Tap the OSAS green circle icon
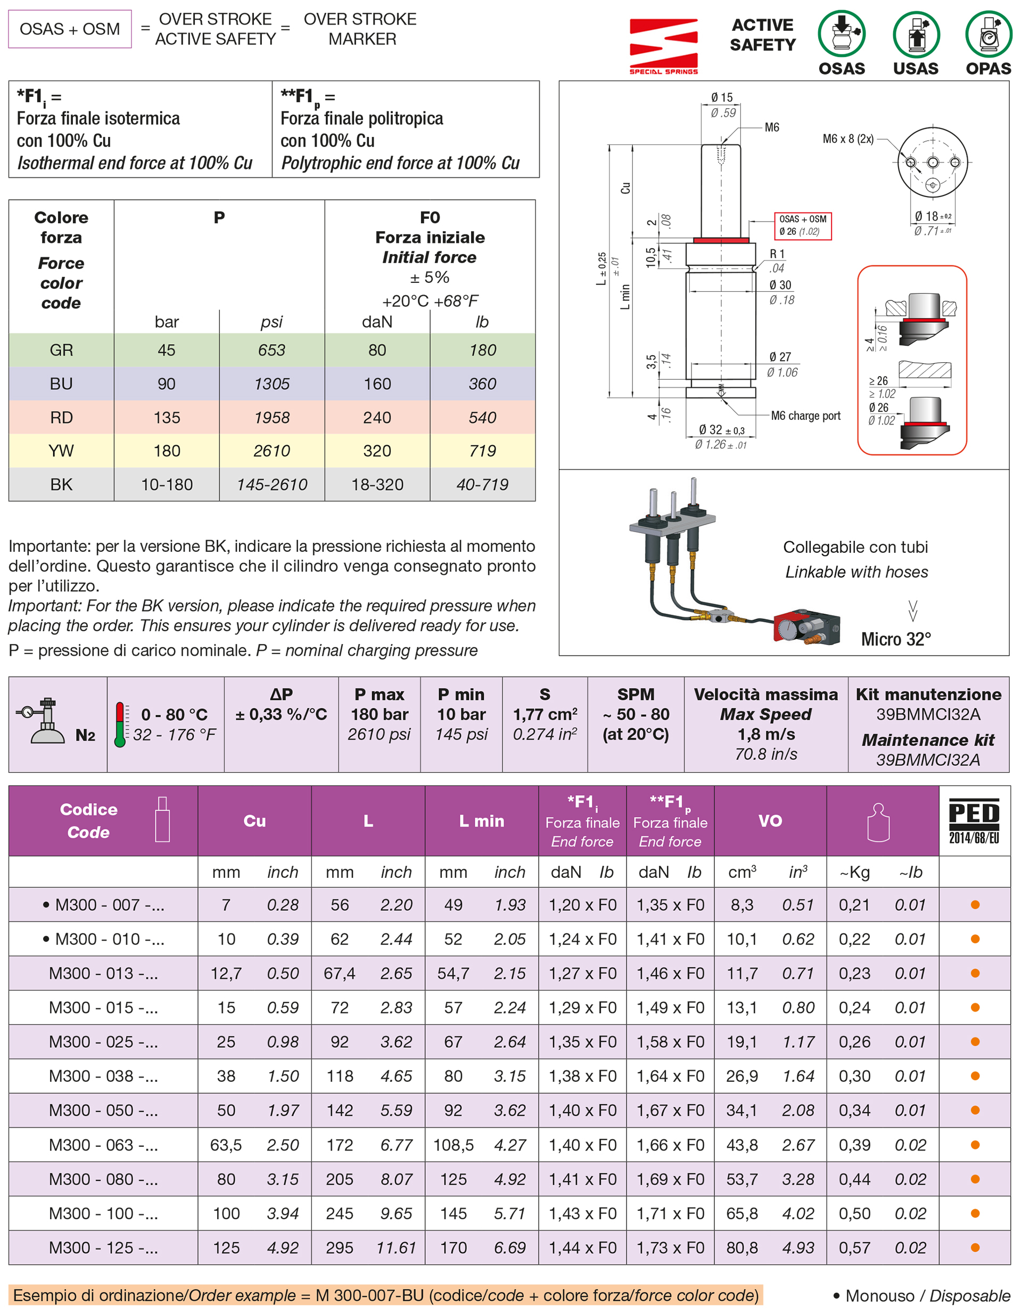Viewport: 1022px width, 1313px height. point(841,34)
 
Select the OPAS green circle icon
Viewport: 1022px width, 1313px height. point(988,34)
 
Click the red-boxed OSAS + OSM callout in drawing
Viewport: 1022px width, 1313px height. point(802,225)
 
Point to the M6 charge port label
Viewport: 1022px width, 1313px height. point(805,415)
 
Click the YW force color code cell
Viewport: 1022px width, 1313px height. point(61,450)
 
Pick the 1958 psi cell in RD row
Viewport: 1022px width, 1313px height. point(271,417)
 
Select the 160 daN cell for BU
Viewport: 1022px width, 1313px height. point(377,384)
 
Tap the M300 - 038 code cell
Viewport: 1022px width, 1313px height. point(103,1075)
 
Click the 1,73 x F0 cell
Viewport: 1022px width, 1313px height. point(670,1247)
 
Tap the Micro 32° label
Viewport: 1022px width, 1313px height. point(896,639)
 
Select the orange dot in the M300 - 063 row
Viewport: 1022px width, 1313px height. point(975,1145)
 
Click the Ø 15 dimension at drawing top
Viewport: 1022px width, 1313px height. point(722,97)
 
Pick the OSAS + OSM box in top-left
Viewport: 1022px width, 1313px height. point(70,29)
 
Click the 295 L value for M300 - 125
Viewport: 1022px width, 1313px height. point(340,1247)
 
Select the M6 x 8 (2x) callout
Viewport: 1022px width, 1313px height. point(848,139)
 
